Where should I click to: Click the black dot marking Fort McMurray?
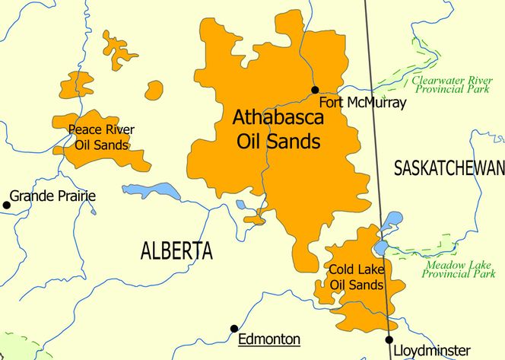315,90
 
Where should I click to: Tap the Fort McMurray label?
362,102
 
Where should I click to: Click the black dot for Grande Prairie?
7,204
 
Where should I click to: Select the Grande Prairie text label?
53,196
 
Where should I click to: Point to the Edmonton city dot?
234,329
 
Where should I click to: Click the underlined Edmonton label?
269,339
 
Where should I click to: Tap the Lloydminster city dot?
389,339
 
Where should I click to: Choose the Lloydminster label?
431,351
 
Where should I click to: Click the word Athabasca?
278,119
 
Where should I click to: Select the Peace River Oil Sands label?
101,137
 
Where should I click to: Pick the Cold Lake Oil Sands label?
356,276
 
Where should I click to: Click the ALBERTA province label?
176,250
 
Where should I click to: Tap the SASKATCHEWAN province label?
449,169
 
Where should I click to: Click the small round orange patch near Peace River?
154,90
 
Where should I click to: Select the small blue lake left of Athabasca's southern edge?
241,204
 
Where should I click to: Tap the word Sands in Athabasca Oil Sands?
299,142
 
